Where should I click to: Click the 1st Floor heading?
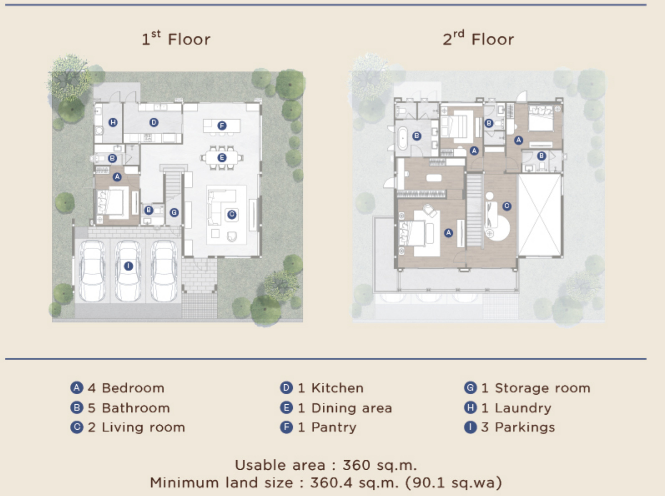pyautogui.click(x=176, y=38)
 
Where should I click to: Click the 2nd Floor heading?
pyautogui.click(x=478, y=38)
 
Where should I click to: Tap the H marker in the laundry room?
pyautogui.click(x=113, y=123)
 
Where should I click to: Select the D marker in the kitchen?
pyautogui.click(x=154, y=123)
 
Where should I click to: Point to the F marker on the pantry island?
pyautogui.click(x=222, y=125)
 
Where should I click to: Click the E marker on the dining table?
pyautogui.click(x=222, y=158)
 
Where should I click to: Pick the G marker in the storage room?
pyautogui.click(x=174, y=213)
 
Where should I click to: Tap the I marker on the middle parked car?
pyautogui.click(x=128, y=266)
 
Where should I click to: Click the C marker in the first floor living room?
pyautogui.click(x=232, y=214)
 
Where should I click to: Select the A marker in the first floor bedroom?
pyautogui.click(x=117, y=177)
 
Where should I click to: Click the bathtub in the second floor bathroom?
pyautogui.click(x=402, y=139)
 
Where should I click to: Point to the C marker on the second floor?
pyautogui.click(x=507, y=206)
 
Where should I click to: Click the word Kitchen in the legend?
pyautogui.click(x=337, y=388)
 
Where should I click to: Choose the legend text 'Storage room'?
pyautogui.click(x=542, y=388)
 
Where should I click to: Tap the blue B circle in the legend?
pyautogui.click(x=77, y=408)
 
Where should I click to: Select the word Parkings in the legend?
pyautogui.click(x=525, y=428)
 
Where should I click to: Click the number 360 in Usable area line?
pyautogui.click(x=356, y=465)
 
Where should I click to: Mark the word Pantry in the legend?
pyautogui.click(x=334, y=428)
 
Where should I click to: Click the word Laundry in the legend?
pyautogui.click(x=523, y=408)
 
